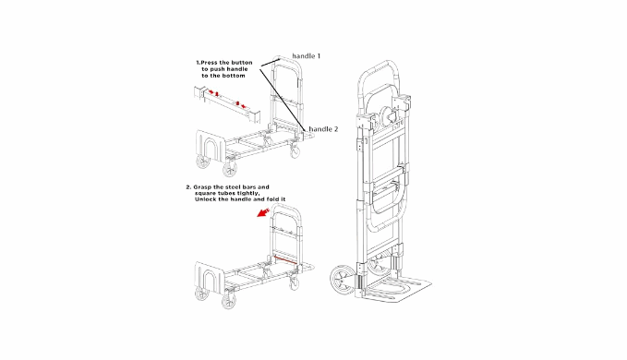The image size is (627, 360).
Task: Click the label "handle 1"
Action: tap(306, 56)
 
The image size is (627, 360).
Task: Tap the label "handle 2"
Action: tap(323, 129)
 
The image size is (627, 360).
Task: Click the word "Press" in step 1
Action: tap(209, 63)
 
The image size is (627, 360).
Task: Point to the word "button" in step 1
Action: tap(241, 63)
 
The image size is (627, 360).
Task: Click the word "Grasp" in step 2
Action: tap(203, 187)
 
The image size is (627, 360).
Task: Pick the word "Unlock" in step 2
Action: tap(205, 199)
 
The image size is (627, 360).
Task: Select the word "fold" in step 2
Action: tap(272, 199)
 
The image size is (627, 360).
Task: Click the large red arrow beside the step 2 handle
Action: tap(263, 212)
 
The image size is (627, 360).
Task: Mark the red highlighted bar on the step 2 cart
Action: tap(285, 259)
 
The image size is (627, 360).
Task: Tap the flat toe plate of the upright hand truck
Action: tap(395, 289)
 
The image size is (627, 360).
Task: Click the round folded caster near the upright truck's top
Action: tap(389, 115)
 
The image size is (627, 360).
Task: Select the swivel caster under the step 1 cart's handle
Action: tap(295, 151)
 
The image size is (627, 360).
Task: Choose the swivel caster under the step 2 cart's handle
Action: tap(295, 283)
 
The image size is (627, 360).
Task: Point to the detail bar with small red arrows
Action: tap(227, 104)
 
